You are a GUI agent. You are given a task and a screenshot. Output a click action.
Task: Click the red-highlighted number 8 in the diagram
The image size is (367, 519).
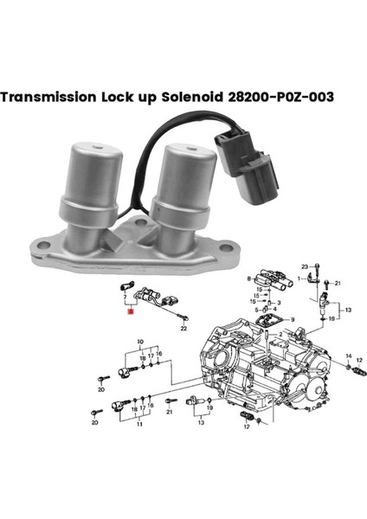coord(130,317)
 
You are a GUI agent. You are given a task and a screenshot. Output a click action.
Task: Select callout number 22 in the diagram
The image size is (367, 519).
coord(183,329)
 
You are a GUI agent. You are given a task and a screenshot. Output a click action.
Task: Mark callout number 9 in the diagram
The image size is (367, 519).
coord(293,319)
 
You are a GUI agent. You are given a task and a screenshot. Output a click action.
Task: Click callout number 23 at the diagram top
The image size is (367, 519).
coord(304,266)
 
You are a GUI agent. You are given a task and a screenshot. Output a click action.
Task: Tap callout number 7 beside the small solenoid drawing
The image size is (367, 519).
coord(126,295)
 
